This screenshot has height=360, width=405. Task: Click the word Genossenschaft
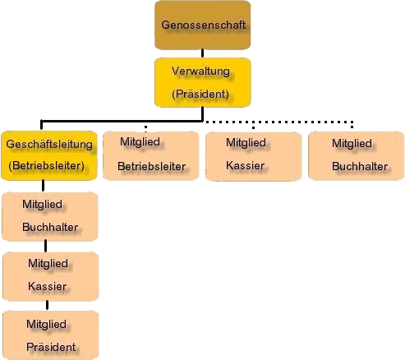pos(203,25)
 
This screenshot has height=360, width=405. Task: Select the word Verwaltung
pos(200,72)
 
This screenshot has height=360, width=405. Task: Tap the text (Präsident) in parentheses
pos(200,94)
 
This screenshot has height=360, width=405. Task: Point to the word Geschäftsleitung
pos(49,145)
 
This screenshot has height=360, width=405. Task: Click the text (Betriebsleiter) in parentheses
pos(46,166)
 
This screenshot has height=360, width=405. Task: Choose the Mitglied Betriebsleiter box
pos(151,155)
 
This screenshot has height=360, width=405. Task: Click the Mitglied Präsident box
pos(51,335)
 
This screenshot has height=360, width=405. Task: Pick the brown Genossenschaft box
pos(203,25)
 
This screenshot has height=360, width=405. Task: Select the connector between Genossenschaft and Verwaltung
pos(203,53)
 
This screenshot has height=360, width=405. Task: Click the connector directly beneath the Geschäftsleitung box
pos(43,186)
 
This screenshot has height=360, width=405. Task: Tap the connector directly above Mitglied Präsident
pos(48,305)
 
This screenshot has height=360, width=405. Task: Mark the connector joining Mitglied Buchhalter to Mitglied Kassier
pos(45,246)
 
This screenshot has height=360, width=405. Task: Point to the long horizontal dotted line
pos(278,122)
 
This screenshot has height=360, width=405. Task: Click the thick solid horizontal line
pos(122,121)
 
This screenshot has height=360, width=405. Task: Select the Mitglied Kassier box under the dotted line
pos(254,156)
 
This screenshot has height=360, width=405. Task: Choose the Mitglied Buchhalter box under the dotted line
pos(357,155)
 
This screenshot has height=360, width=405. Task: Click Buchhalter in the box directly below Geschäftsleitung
pos(50,227)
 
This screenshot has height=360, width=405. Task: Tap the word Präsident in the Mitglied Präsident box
pos(51,347)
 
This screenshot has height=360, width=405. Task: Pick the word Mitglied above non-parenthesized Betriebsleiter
pos(140,142)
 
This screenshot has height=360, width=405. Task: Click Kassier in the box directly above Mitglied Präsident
pos(47,287)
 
